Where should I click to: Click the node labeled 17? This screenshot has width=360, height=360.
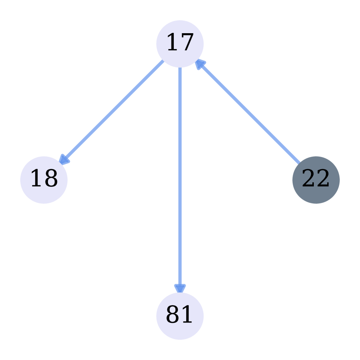pyautogui.click(x=180, y=44)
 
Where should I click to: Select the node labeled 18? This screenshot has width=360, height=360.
pyautogui.click(x=44, y=180)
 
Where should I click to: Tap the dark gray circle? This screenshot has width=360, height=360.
pyautogui.click(x=316, y=180)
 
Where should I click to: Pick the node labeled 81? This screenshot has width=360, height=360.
pyautogui.click(x=180, y=316)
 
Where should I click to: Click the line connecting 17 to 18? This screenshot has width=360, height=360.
pyautogui.click(x=114, y=110)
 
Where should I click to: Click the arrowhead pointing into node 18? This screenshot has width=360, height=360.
pyautogui.click(x=63, y=160)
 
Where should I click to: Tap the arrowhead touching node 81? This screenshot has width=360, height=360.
pyautogui.click(x=180, y=288)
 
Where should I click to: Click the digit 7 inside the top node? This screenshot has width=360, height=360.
pyautogui.click(x=187, y=43)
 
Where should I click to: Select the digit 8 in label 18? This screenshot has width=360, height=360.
pyautogui.click(x=51, y=179)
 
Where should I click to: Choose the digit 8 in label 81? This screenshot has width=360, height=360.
pyautogui.click(x=173, y=315)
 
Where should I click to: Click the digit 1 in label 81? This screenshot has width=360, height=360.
pyautogui.click(x=187, y=315)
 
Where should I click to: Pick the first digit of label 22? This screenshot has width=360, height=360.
pyautogui.click(x=309, y=179)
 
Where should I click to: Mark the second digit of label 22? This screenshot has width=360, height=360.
pyautogui.click(x=323, y=179)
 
